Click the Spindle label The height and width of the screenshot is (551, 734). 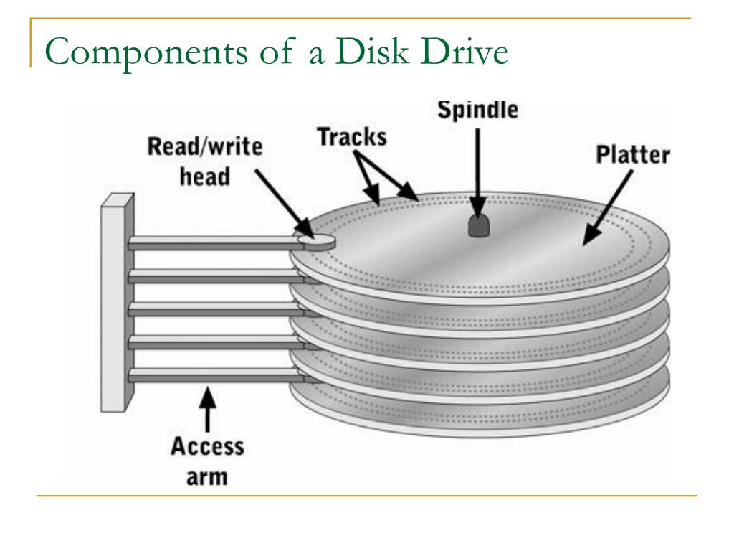click(x=478, y=111)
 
